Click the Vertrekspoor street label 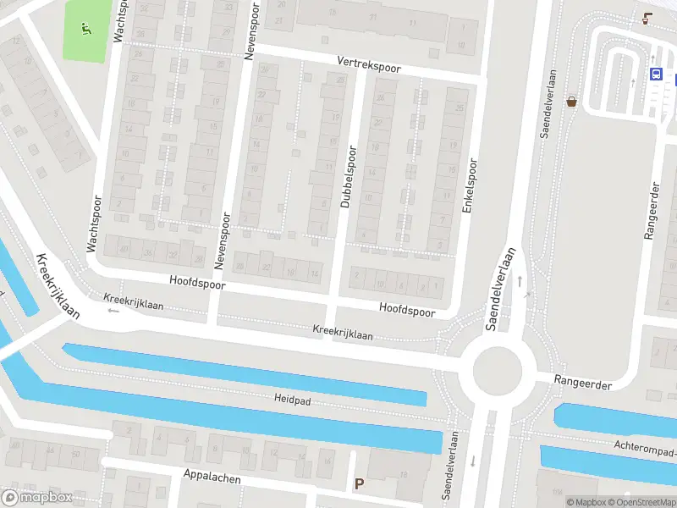pos(368,65)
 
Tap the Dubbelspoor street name pos(348,176)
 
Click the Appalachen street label pos(212,478)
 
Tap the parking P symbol pos(359,484)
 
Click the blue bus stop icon pos(656,74)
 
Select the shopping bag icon pos(572,101)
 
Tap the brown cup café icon pos(647,19)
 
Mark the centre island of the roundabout pos(498,370)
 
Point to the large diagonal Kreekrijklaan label pos(58,285)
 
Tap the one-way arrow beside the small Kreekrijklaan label pos(113,310)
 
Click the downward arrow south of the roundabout pos(472,461)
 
